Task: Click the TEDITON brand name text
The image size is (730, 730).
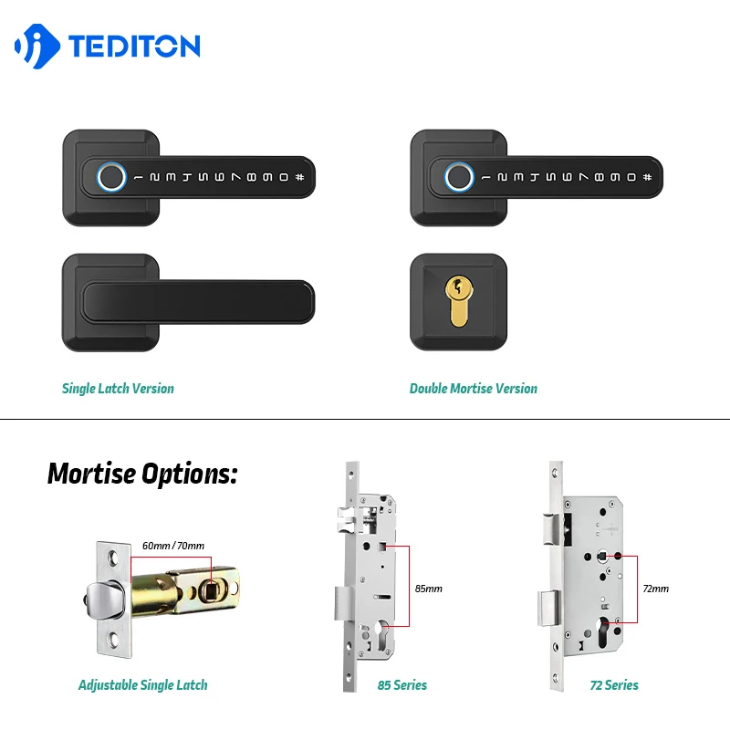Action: [x=133, y=47]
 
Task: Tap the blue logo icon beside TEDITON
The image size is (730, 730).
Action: [x=37, y=47]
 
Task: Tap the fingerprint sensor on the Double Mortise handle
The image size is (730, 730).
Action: [x=458, y=175]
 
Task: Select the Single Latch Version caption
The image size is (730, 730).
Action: [x=118, y=389]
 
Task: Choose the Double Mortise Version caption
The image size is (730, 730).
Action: [x=473, y=389]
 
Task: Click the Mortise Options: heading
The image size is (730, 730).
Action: [x=142, y=474]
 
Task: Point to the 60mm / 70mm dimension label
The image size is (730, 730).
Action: [x=173, y=546]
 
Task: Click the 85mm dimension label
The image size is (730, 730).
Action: [x=428, y=589]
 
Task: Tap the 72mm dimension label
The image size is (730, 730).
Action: [x=655, y=589]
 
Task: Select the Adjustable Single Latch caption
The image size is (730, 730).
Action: [x=142, y=685]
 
